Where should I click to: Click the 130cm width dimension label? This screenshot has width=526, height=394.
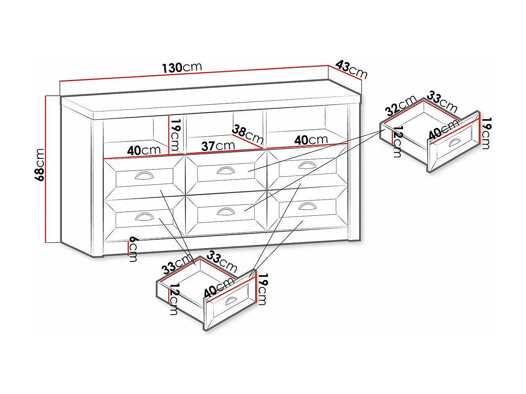coord(182,67)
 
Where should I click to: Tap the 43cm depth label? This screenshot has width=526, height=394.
coord(351,69)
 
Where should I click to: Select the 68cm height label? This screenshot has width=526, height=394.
coord(40,165)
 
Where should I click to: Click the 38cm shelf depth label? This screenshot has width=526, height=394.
coord(247,135)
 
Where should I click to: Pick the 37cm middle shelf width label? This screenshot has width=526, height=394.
coord(218,146)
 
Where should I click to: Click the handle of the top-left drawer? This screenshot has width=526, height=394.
coord(144,175)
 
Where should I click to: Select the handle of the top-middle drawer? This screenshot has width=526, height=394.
coord(226,170)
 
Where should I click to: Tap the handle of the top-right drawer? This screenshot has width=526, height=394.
coord(307,165)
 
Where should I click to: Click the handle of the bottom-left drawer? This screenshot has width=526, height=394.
coord(144,216)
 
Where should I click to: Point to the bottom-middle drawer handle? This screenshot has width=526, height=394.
coord(226,211)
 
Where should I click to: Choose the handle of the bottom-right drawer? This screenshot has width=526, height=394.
coord(307,206)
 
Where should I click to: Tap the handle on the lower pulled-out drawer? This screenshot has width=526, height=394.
coord(230,300)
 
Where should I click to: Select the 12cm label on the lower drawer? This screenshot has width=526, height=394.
coord(174,299)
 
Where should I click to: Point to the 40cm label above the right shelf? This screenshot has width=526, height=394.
coord(311,140)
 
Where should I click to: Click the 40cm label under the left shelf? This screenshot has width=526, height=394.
coord(144,150)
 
